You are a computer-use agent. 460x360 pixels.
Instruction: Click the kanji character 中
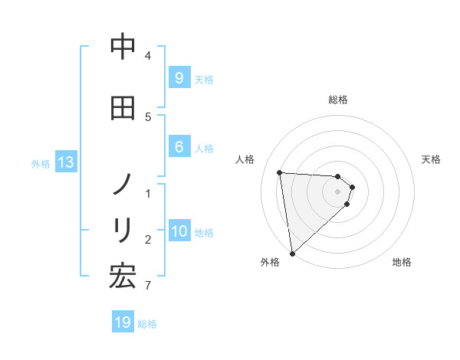point(123,47)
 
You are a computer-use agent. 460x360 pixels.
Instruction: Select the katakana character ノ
point(123,185)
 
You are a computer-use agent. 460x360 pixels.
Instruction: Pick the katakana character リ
point(123,229)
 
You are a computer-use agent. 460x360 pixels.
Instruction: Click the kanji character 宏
point(123,276)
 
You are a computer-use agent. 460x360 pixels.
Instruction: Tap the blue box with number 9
point(179,77)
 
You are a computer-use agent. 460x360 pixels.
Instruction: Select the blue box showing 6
point(179,147)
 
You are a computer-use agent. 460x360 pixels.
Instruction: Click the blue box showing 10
point(180,231)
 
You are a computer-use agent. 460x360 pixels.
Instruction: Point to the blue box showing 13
point(65,162)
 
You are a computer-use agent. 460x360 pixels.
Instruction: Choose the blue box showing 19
point(123,322)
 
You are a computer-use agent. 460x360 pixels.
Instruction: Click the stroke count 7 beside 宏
point(147,286)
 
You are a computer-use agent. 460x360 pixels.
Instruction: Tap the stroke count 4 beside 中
point(148,55)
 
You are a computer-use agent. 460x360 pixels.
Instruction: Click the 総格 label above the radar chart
point(338,100)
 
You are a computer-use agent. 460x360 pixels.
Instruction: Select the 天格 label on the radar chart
point(432,159)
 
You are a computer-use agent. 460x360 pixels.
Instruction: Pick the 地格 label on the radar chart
point(402,262)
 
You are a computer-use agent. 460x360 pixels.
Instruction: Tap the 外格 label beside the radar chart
point(270,262)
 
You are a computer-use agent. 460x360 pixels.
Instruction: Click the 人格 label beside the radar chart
point(245,159)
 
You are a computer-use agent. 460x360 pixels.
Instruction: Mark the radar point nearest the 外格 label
point(292,253)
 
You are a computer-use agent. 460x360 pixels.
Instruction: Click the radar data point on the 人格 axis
point(280,172)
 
